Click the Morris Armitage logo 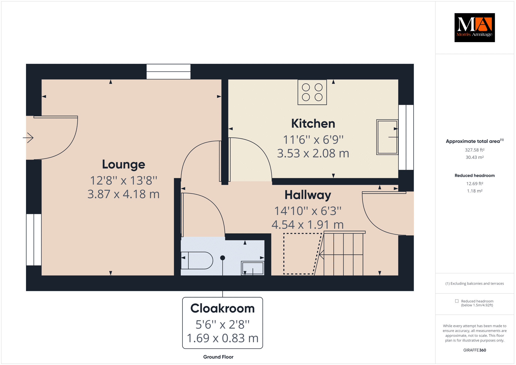(474, 27)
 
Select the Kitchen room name (313, 124)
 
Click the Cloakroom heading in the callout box (222, 308)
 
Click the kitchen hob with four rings (312, 92)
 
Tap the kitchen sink (387, 137)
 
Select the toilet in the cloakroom (197, 260)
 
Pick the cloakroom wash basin (253, 268)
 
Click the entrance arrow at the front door (28, 138)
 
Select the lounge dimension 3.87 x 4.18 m (123, 194)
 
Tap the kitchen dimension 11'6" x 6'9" (313, 140)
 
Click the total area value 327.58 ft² (475, 150)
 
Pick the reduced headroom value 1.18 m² (475, 191)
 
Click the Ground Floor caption (218, 357)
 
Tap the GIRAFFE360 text (475, 350)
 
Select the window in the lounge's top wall (169, 72)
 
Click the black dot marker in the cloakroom (222, 258)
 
